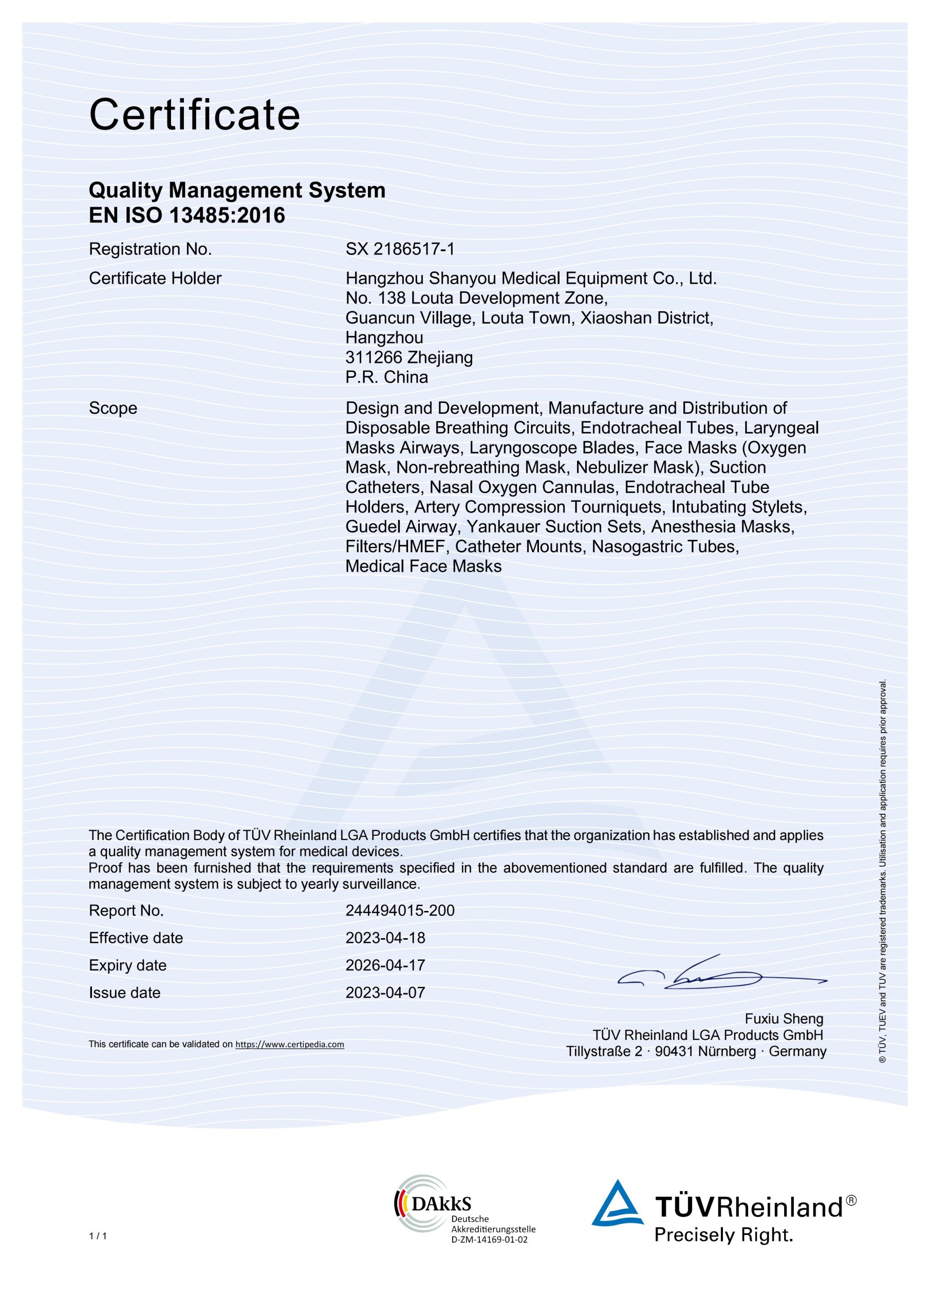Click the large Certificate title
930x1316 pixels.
194,115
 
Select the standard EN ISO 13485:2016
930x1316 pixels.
187,215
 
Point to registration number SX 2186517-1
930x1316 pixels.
400,249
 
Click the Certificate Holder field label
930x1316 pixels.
155,279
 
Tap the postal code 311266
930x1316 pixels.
374,358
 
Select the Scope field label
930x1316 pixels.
113,408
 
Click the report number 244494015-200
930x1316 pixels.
400,911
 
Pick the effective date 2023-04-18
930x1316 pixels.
385,938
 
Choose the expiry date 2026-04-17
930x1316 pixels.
385,965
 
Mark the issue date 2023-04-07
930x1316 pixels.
385,993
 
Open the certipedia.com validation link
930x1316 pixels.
289,1044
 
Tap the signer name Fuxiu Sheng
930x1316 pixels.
784,1018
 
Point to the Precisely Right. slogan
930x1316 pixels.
724,1234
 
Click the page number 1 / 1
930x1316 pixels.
98,1236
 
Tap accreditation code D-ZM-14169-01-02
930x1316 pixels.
489,1240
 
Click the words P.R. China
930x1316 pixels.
387,377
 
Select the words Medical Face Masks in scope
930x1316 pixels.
423,566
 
